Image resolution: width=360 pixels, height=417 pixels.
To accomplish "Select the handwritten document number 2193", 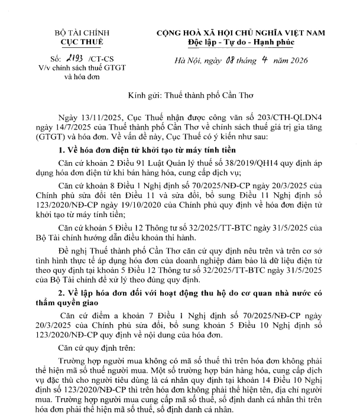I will point(75,59).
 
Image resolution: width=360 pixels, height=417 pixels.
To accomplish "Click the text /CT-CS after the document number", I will point(100,60).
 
